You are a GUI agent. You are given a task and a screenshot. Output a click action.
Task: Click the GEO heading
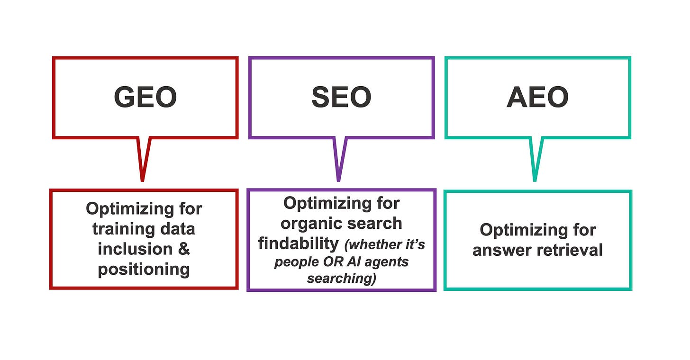point(145,97)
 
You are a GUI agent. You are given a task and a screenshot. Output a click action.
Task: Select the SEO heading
point(341,97)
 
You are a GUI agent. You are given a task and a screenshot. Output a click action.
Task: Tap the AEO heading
point(537,97)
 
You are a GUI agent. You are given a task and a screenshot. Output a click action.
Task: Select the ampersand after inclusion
point(184,249)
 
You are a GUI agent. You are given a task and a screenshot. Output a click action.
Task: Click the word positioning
point(144,270)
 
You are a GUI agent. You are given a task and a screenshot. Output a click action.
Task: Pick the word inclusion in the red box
point(135,249)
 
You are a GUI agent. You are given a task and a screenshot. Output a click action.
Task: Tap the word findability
point(298,243)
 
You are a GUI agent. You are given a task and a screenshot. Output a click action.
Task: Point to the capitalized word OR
point(333,262)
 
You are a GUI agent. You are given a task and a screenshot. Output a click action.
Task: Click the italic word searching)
point(341,279)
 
